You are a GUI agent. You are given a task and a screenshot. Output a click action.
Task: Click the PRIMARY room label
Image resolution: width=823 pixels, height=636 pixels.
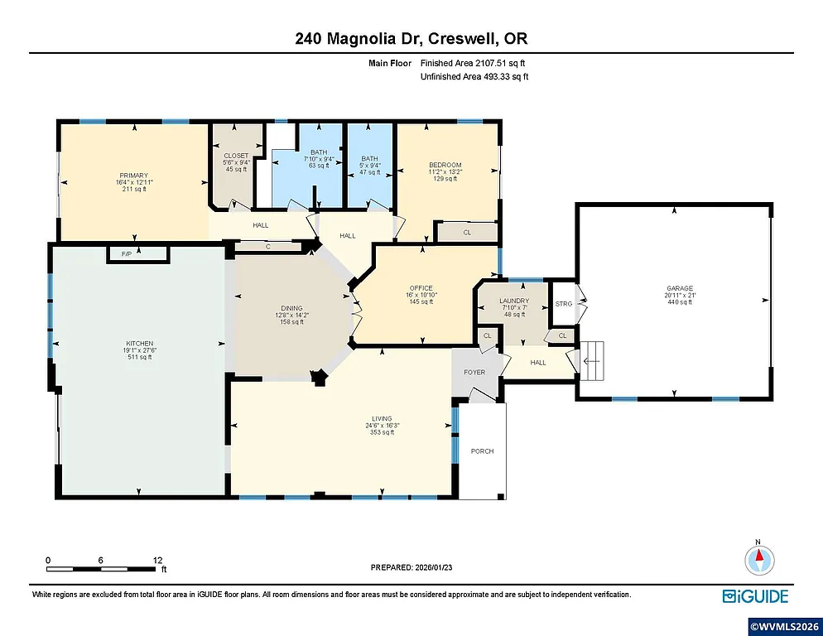[x=133, y=176]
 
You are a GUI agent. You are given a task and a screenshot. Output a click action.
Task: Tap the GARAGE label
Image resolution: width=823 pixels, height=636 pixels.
[x=679, y=289]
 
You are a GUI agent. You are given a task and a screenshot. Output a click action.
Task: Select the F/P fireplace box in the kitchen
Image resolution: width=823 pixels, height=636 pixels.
[x=127, y=253]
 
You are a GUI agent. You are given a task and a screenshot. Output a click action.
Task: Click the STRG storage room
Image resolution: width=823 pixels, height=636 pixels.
[x=564, y=304]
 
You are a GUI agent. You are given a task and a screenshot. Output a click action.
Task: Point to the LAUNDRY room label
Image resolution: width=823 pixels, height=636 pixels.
[x=514, y=301]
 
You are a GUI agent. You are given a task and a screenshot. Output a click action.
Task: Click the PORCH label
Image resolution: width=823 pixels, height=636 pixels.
[x=482, y=451]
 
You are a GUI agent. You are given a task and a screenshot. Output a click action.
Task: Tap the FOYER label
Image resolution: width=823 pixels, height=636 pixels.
[x=474, y=373]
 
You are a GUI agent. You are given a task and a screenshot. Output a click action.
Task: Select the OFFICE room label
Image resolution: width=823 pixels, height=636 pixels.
[x=421, y=288]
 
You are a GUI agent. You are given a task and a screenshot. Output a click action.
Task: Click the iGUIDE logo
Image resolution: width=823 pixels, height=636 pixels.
[x=755, y=595]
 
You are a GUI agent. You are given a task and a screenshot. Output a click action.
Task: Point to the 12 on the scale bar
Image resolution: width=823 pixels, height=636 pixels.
[x=157, y=560]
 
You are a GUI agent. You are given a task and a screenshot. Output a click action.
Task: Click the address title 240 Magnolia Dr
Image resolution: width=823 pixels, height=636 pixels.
[x=411, y=38]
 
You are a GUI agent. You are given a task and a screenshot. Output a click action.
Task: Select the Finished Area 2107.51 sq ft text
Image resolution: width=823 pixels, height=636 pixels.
[x=474, y=63]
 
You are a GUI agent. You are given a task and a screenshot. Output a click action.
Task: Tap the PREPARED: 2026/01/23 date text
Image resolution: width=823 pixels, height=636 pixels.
[x=411, y=567]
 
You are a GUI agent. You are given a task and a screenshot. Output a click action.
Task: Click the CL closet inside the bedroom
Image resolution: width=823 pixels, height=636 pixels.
[x=467, y=233]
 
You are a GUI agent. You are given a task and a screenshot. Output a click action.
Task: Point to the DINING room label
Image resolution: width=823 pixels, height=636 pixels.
[x=291, y=308]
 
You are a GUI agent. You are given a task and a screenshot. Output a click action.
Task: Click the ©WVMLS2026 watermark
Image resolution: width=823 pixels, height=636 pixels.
[x=783, y=625]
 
